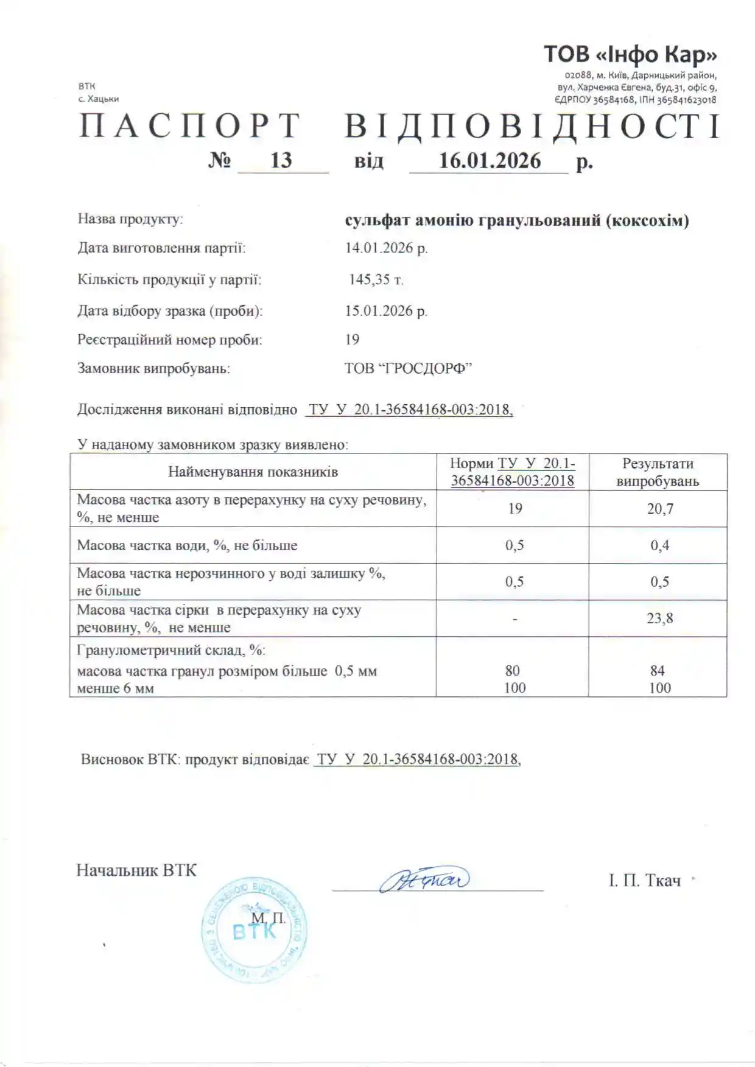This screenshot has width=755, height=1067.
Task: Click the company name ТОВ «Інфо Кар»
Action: [630, 55]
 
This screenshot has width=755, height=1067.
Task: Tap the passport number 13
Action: [281, 160]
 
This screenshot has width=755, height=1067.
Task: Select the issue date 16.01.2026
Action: [490, 161]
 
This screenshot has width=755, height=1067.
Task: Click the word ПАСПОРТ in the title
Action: [190, 127]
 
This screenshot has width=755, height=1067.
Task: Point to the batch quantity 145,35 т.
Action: [376, 279]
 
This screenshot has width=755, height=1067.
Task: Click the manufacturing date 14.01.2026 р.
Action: [386, 248]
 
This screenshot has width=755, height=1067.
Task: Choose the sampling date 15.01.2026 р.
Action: [386, 310]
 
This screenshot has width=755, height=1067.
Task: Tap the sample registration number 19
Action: [352, 339]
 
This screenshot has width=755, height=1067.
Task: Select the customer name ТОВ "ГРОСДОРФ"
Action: [409, 368]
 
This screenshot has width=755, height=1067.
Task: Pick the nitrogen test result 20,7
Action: [659, 509]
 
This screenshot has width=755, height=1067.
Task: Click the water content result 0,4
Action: [659, 545]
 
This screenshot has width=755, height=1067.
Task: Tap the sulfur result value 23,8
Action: [659, 618]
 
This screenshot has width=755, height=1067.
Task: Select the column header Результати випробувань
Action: [658, 472]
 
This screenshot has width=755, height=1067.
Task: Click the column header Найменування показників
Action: [253, 472]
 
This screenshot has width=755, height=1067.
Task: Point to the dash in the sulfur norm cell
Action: [514, 619]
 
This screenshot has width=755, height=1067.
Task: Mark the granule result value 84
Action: [657, 671]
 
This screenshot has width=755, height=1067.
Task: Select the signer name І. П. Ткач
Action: [644, 881]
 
